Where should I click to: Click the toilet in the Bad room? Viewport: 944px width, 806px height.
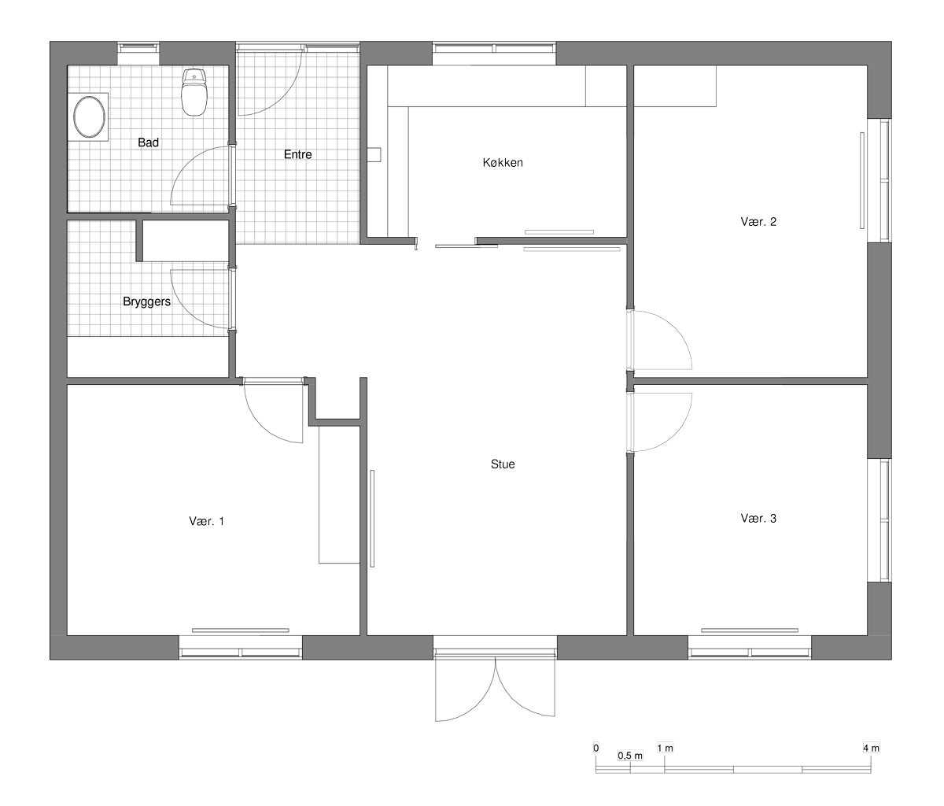pyautogui.click(x=194, y=92)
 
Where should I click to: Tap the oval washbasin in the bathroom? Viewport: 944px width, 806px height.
pyautogui.click(x=89, y=117)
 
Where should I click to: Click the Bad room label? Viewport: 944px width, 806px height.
pyautogui.click(x=149, y=142)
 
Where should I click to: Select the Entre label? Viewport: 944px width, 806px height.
pyautogui.click(x=298, y=154)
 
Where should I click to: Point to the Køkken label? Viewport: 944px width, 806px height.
pyautogui.click(x=503, y=163)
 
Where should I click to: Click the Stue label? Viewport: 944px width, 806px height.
pyautogui.click(x=503, y=464)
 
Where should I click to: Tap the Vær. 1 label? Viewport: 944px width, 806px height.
pyautogui.click(x=206, y=521)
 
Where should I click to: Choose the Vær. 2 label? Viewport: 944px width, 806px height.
pyautogui.click(x=758, y=222)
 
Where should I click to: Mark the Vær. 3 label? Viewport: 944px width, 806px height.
pyautogui.click(x=758, y=519)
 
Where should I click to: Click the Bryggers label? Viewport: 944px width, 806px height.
pyautogui.click(x=146, y=302)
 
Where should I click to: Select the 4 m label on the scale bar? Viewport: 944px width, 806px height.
pyautogui.click(x=871, y=749)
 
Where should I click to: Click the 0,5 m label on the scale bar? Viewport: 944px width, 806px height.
pyautogui.click(x=630, y=756)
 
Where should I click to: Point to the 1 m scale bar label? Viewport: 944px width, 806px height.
pyautogui.click(x=665, y=749)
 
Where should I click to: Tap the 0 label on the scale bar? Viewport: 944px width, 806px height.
pyautogui.click(x=596, y=748)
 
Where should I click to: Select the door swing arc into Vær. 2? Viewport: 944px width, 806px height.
pyautogui.click(x=675, y=330)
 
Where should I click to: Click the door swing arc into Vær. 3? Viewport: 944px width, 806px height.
pyautogui.click(x=675, y=433)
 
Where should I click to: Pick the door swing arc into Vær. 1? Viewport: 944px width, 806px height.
pyautogui.click(x=261, y=425)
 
